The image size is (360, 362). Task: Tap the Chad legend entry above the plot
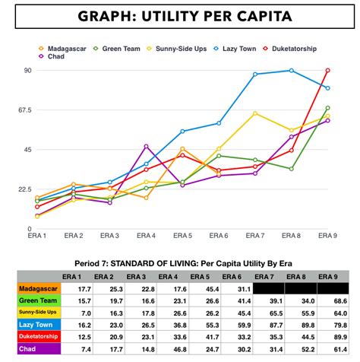55,56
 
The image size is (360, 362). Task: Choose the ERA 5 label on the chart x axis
182,235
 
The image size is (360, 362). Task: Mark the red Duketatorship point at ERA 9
327,71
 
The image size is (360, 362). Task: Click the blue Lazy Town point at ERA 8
291,71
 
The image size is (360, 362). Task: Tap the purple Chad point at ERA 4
146,146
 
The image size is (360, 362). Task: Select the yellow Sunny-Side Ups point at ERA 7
255,113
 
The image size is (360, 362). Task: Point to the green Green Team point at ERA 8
291,169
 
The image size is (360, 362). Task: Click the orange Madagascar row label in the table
39,288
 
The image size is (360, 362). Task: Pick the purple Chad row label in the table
39,349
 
